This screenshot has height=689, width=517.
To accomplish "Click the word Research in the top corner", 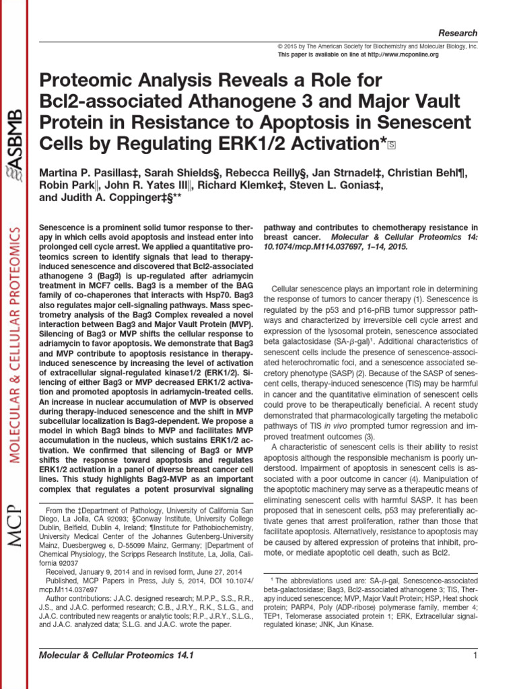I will [x=458, y=33].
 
